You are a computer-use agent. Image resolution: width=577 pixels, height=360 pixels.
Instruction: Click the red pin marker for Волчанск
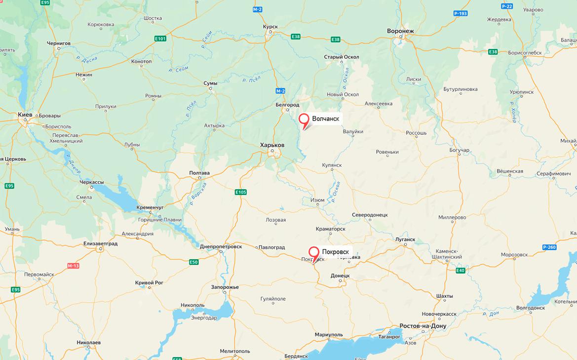click(x=304, y=119)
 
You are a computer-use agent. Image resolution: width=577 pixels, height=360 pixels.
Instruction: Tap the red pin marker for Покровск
click(x=314, y=252)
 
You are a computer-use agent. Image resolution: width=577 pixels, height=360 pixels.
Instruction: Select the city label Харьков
click(x=272, y=145)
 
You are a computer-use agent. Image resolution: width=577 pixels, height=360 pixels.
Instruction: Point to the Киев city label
click(x=25, y=115)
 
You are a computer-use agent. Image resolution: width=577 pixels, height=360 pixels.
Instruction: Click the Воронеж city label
click(x=400, y=31)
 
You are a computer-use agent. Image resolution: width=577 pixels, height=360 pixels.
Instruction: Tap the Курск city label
click(x=270, y=27)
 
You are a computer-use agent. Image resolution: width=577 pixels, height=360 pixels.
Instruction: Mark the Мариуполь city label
click(x=329, y=335)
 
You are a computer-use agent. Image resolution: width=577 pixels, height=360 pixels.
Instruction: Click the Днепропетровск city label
click(x=221, y=246)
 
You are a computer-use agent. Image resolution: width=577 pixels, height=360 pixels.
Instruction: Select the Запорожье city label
click(x=225, y=287)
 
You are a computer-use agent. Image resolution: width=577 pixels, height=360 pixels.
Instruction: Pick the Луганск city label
click(x=405, y=239)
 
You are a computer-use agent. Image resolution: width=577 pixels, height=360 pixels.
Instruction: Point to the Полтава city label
click(x=199, y=173)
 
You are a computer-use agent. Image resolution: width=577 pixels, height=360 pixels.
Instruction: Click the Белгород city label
click(x=287, y=105)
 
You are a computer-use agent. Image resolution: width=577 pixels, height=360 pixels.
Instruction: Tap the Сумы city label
click(x=210, y=83)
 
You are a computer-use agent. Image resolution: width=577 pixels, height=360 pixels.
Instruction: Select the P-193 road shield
click(x=460, y=13)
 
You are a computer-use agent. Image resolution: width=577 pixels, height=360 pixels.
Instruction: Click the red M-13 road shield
click(x=73, y=266)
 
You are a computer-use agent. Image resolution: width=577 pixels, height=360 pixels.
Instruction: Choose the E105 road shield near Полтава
click(x=240, y=192)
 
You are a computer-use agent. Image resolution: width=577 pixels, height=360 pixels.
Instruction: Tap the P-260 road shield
click(x=549, y=247)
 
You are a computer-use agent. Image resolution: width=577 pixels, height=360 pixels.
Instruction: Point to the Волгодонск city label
click(x=530, y=308)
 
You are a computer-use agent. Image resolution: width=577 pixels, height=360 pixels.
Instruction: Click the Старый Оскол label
click(x=342, y=57)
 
